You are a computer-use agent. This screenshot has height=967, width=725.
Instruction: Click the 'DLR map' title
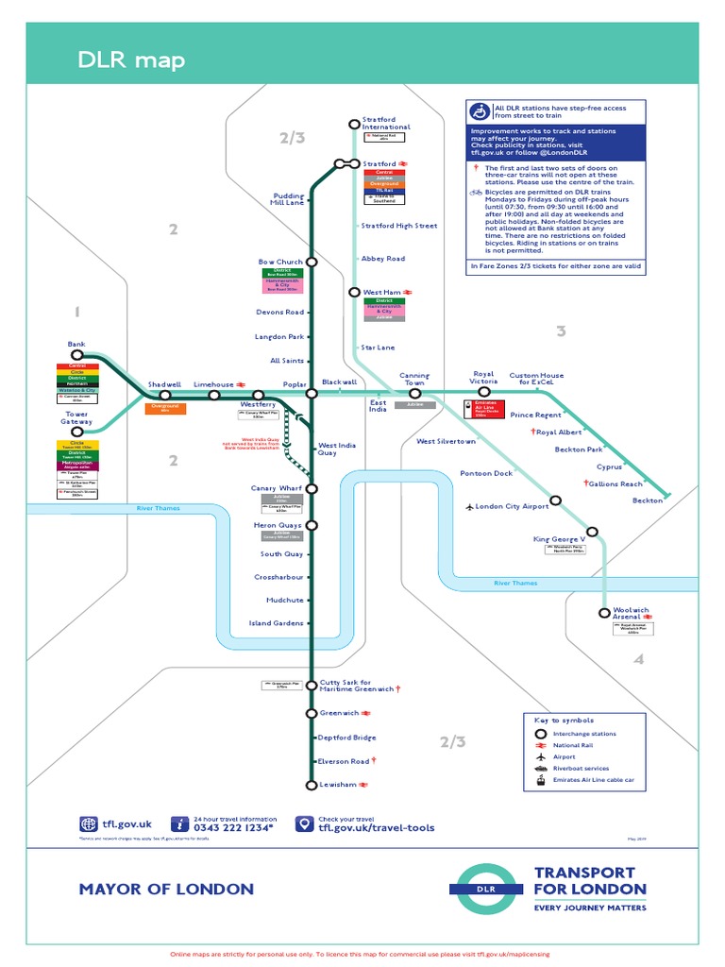pyautogui.click(x=131, y=61)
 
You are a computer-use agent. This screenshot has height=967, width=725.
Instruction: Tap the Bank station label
pyautogui.click(x=76, y=344)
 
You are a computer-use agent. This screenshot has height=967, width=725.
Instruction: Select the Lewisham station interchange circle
pyautogui.click(x=312, y=785)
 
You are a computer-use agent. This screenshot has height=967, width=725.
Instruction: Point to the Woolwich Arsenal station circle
pyautogui.click(x=605, y=613)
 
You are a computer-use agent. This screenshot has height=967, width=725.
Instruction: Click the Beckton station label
pyautogui.click(x=647, y=500)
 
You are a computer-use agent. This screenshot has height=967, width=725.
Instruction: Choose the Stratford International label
pyautogui.click(x=386, y=123)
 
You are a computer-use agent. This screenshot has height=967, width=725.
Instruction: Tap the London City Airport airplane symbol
pyautogui.click(x=469, y=506)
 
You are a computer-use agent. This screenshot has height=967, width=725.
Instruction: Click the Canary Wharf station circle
pyautogui.click(x=312, y=488)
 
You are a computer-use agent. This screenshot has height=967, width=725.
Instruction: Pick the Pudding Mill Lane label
pyautogui.click(x=288, y=199)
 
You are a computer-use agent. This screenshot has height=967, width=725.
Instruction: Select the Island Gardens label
pyautogui.click(x=276, y=623)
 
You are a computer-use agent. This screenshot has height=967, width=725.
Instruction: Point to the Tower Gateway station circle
pyautogui.click(x=77, y=432)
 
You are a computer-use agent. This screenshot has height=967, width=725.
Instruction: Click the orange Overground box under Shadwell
pyautogui.click(x=165, y=407)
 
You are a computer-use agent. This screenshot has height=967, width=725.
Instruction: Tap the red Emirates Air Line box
pyautogui.click(x=483, y=409)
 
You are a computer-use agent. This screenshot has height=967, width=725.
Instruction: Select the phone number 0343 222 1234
pyautogui.click(x=233, y=828)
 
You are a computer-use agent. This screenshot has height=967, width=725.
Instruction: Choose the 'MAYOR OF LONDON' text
pyautogui.click(x=166, y=889)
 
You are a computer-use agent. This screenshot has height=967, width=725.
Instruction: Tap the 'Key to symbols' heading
pyautogui.click(x=567, y=721)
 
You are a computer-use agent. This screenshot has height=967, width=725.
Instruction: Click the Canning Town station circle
pyautogui.click(x=414, y=393)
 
